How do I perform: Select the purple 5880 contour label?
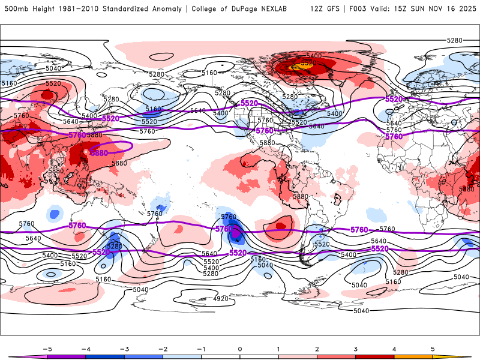pos(99,153)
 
